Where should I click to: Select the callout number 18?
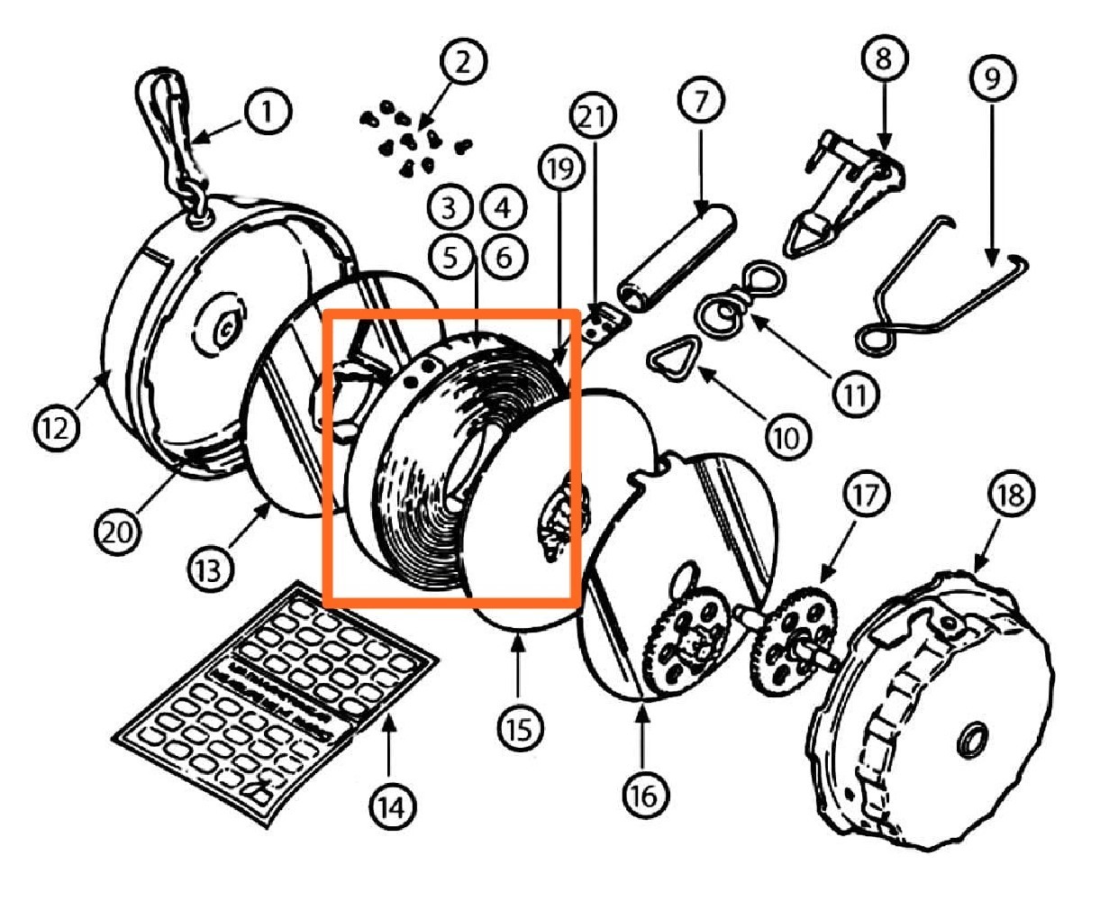point(1014,495)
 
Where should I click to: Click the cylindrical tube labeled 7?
point(675,257)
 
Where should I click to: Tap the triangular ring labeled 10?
point(670,360)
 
